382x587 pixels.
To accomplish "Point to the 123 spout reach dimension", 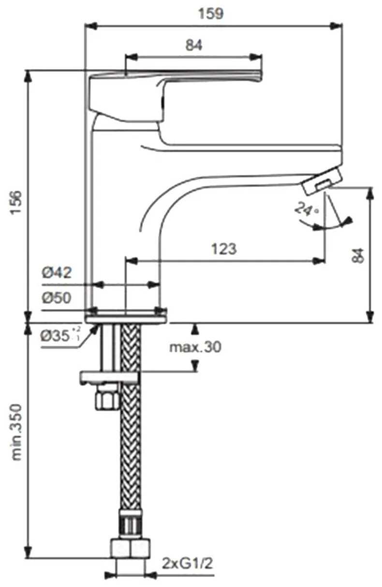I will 224,249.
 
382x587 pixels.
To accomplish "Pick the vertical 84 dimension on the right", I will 357,254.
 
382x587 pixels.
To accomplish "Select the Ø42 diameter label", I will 57,273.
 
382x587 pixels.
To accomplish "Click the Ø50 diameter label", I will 57,298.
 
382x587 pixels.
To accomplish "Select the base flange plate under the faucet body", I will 127,318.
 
